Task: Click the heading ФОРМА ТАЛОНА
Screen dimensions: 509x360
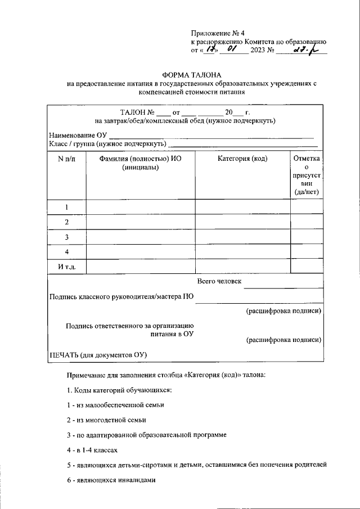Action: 192,75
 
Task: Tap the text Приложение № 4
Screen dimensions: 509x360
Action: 214,33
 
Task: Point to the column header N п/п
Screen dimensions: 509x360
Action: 66,159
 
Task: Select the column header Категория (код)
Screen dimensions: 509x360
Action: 242,159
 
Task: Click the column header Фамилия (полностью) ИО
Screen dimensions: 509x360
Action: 140,159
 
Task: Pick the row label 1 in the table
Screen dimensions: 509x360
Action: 66,207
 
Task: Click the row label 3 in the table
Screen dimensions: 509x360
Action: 66,237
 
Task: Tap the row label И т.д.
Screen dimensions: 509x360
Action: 66,266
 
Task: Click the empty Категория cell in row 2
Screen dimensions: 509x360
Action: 242,222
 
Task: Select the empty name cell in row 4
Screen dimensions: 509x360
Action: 141,251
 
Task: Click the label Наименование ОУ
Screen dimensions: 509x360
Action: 77,135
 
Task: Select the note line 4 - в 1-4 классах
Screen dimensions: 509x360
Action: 92,450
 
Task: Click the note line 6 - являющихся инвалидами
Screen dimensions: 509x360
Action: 110,480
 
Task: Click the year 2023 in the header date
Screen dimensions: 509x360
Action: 259,51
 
